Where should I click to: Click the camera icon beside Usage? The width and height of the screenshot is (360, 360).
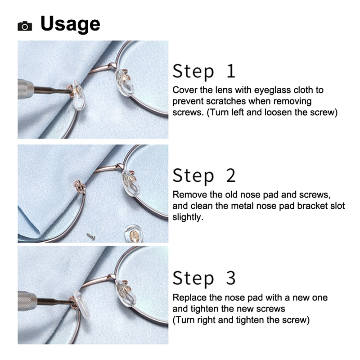coord(25,26)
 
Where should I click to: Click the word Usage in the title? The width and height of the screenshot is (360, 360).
coord(70,24)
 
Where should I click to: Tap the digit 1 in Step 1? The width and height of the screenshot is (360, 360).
coord(231,71)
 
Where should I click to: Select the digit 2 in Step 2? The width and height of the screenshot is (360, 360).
coord(231,175)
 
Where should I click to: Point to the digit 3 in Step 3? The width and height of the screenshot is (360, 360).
coord(231,278)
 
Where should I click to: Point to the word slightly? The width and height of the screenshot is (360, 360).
coord(188,217)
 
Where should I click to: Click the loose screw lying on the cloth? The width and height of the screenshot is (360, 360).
coord(91,237)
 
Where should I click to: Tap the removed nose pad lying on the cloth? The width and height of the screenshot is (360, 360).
coord(133,234)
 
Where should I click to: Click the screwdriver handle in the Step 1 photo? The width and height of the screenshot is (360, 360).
coord(26,89)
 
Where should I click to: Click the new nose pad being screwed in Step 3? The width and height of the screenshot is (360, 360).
coord(82,304)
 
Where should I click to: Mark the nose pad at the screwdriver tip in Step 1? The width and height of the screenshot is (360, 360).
coord(78,95)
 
